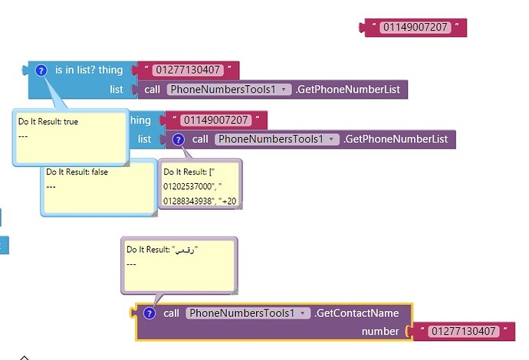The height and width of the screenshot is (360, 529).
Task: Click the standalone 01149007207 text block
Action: [414, 28]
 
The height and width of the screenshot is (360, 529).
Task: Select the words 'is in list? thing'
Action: [88, 70]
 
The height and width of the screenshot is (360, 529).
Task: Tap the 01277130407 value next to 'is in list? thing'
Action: [188, 70]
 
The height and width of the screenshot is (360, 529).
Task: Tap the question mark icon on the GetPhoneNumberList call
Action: [179, 139]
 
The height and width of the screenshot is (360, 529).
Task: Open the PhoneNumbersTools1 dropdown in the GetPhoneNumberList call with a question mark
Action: [277, 139]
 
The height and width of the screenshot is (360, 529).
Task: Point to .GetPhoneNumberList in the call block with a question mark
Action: [395, 139]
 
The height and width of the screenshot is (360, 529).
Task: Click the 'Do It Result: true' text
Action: [48, 122]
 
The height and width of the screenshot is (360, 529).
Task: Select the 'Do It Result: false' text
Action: [77, 172]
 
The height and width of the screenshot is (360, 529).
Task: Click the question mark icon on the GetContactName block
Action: [149, 313]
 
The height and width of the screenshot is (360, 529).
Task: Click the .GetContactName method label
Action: [356, 313]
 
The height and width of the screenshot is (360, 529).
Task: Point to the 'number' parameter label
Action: [380, 332]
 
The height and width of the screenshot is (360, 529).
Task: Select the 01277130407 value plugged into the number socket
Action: [462, 332]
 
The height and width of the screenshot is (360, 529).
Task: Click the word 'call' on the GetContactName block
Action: [171, 313]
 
